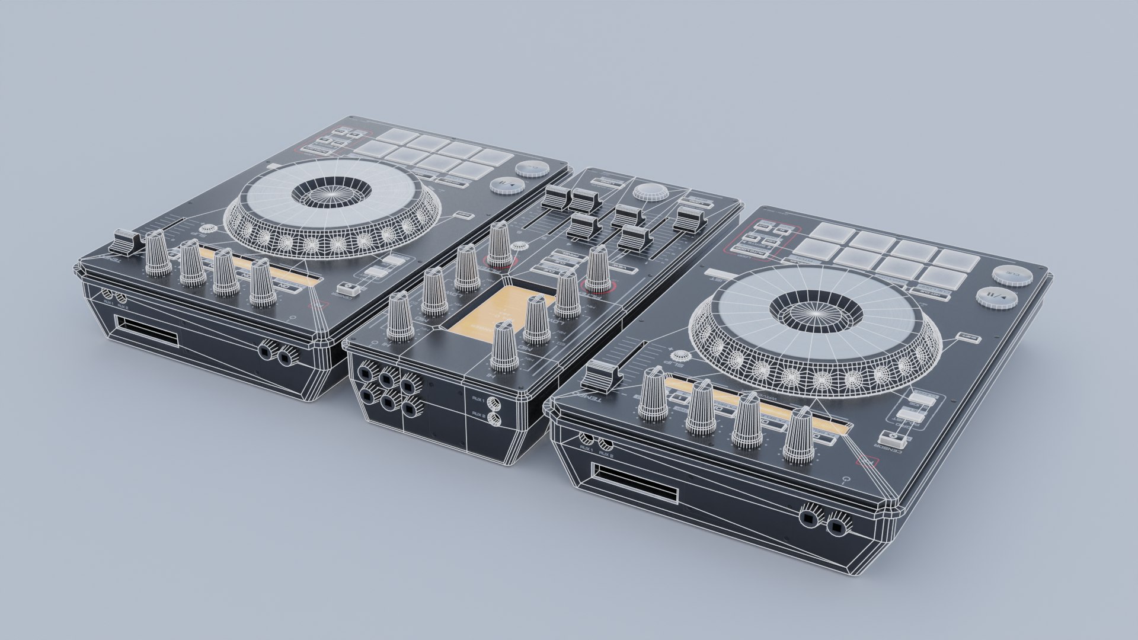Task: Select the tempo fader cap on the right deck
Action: (x=600, y=374)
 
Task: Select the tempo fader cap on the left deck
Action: (x=126, y=241)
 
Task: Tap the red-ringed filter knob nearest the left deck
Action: (x=500, y=249)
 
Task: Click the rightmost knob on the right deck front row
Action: (x=799, y=436)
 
